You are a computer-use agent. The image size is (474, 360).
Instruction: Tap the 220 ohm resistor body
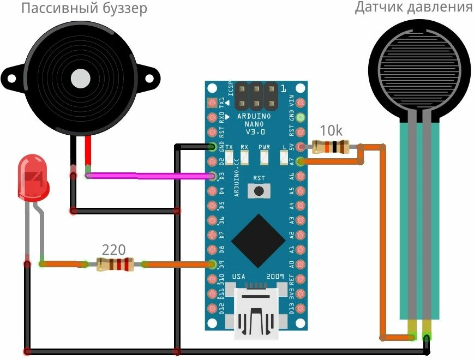click(x=115, y=265)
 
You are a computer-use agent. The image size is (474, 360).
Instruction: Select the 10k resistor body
click(x=331, y=146)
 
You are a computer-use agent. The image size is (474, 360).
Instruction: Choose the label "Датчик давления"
click(x=413, y=8)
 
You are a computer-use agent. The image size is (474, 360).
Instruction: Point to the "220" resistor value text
click(x=114, y=250)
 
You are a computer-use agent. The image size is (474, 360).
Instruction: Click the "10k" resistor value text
click(x=331, y=131)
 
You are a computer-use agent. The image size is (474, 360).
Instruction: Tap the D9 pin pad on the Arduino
click(x=213, y=265)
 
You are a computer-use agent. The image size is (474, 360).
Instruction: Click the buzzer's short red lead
click(x=88, y=153)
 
